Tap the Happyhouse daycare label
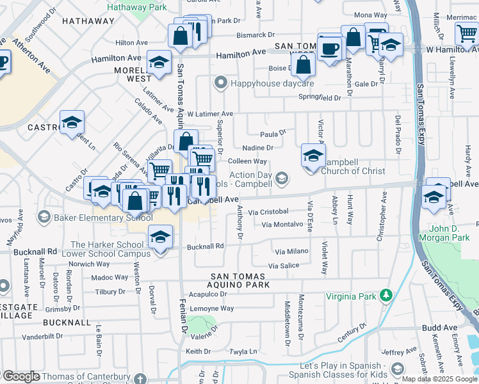(272, 83)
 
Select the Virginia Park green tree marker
(386, 295)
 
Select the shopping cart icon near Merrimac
(466, 35)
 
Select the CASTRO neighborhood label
(44, 127)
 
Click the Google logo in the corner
(20, 376)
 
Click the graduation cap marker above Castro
(72, 122)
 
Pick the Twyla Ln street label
(243, 351)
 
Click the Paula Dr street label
(272, 134)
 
